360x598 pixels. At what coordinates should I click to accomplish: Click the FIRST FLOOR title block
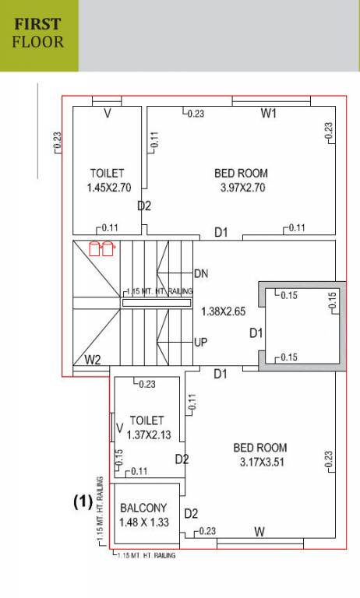coord(38,35)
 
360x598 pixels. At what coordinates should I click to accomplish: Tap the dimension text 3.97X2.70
coord(241,188)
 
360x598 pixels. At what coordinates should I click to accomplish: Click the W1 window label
coord(269,114)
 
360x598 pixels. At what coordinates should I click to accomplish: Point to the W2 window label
coord(92,360)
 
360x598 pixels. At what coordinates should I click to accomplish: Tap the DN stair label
coord(201,274)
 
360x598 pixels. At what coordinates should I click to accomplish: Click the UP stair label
coord(200,343)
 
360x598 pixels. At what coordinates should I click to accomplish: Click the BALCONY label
coord(143,508)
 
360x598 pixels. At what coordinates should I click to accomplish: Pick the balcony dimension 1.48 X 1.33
coord(143,522)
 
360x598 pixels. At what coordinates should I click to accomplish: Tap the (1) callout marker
coord(83,502)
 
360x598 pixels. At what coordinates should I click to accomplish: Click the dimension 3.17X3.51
coord(260,463)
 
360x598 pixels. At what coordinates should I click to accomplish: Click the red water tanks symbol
coord(101,248)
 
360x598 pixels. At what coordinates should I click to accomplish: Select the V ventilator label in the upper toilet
coord(107,114)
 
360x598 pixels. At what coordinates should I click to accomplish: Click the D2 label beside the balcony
coord(191,513)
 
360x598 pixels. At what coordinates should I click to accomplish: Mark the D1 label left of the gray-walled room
coord(256,333)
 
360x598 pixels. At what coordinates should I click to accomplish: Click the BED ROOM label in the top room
coord(241,173)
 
